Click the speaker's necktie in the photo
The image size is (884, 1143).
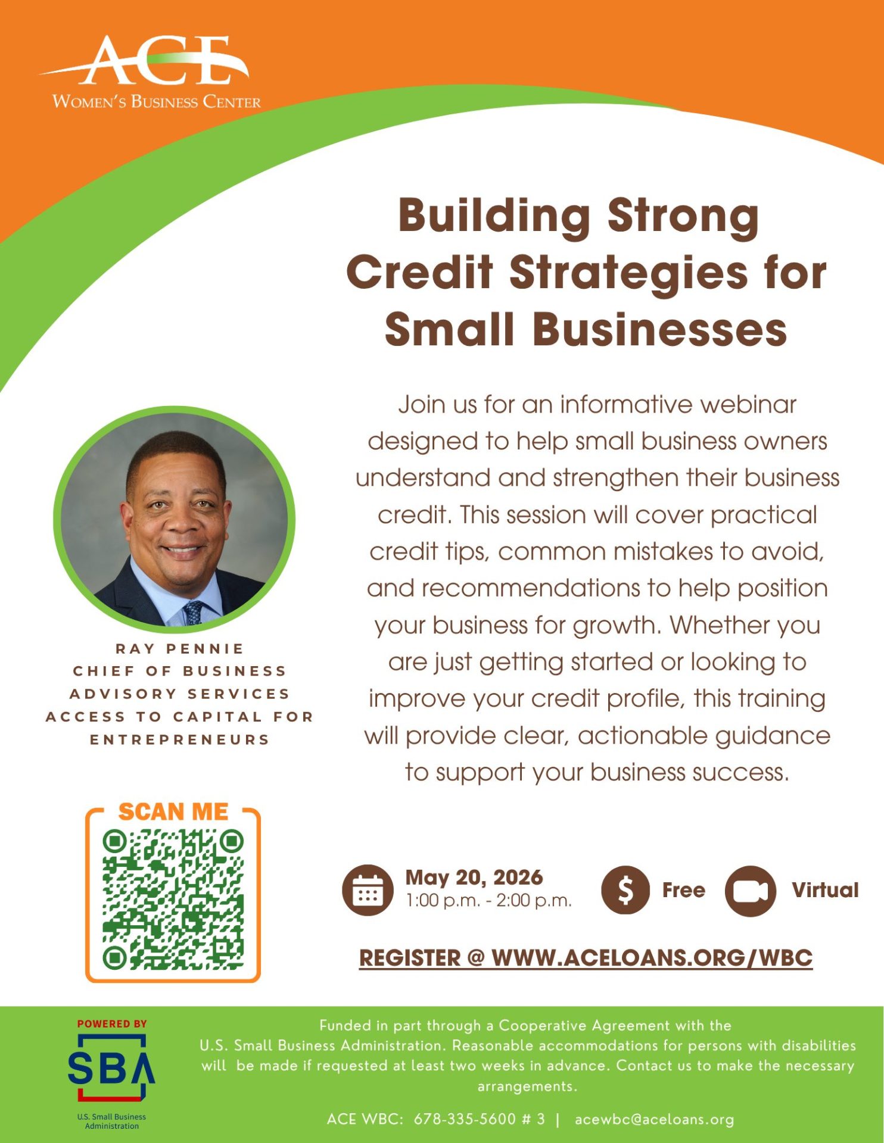pos(193,612)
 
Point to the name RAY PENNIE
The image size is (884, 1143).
pos(180,648)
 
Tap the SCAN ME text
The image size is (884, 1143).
pos(173,811)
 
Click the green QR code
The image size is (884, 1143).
pos(173,899)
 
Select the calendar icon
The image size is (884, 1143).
pos(368,890)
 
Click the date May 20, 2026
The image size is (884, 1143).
pos(474,877)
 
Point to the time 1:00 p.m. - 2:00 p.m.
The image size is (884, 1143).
pos(488,901)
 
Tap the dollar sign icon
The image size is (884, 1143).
pos(625,890)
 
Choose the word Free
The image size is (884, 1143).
pos(683,890)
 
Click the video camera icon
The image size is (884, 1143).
pos(751,891)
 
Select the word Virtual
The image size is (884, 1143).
pos(826,890)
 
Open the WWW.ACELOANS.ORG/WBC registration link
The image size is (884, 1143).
pos(652,958)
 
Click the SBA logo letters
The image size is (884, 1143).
pos(111,1068)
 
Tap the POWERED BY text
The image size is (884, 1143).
pos(112,1024)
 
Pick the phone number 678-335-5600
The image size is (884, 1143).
pos(465,1119)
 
